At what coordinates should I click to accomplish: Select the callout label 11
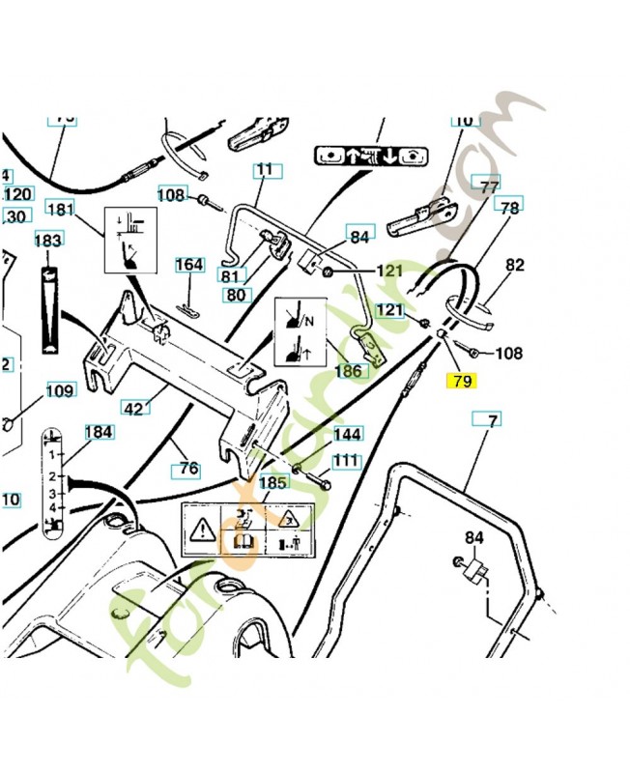point(264,170)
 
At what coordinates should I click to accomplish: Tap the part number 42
point(136,408)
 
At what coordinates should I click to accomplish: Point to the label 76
point(187,469)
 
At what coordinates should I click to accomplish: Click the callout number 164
point(189,265)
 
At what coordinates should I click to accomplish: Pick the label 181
point(60,209)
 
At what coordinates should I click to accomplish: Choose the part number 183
point(48,240)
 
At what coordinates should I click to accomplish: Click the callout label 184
point(99,432)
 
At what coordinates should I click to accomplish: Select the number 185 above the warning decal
point(273,481)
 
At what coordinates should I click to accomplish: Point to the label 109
point(60,391)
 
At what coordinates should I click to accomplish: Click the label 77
point(489,186)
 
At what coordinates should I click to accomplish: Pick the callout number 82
point(514,265)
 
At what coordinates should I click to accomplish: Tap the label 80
point(237,294)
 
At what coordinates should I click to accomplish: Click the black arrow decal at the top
point(372,155)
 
